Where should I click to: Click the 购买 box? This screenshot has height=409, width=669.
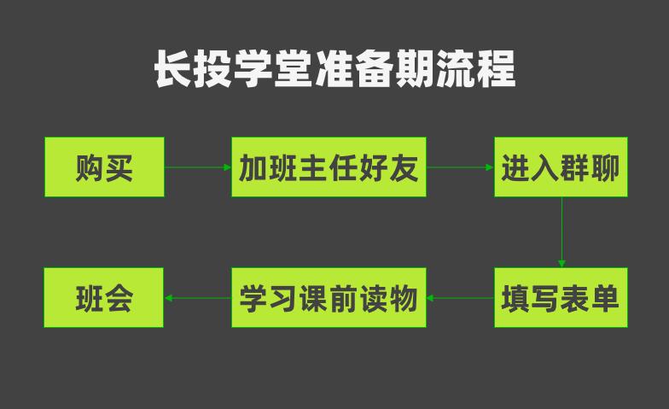104,167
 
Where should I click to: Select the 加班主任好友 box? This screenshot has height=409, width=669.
329,167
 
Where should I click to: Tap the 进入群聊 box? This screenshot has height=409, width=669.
561,167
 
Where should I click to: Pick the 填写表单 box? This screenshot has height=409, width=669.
561,298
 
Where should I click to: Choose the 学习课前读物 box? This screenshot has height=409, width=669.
329,298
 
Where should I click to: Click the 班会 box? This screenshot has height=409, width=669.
104,298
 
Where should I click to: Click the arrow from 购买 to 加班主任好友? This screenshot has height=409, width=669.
197,167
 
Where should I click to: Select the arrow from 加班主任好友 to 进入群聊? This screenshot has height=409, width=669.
460,167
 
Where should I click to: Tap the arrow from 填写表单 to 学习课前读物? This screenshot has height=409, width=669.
460,298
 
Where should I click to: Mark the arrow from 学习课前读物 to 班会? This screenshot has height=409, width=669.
197,298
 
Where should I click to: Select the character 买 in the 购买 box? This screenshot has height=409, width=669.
119,167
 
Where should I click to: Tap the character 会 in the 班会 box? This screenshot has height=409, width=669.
119,298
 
